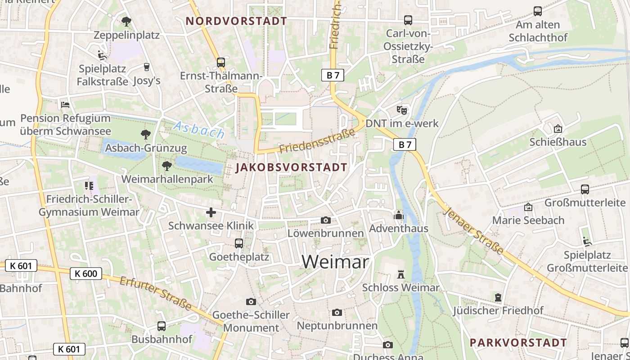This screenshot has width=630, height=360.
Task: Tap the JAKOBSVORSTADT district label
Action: (292, 168)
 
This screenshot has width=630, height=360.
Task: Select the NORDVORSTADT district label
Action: (236, 21)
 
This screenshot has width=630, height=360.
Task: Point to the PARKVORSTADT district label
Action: (518, 342)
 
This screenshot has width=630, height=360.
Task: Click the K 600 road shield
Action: (86, 274)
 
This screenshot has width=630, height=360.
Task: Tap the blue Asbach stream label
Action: (198, 130)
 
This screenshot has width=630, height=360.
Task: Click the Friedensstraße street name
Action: (320, 140)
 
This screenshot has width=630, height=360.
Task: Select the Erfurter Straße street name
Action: (156, 293)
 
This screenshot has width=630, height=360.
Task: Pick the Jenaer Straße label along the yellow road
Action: (473, 231)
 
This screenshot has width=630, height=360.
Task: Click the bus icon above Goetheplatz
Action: (239, 243)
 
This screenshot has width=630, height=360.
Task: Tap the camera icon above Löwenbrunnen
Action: (325, 220)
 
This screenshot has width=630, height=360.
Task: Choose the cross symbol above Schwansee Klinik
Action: (211, 212)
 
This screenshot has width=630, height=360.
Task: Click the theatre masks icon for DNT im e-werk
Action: (401, 110)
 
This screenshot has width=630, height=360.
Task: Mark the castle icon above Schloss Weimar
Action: (400, 274)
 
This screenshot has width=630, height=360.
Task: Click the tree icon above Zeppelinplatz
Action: (126, 21)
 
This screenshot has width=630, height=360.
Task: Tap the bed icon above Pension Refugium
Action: (65, 105)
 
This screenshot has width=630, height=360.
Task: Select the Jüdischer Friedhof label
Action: (498, 310)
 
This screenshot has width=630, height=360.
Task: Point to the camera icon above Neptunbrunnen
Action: (337, 312)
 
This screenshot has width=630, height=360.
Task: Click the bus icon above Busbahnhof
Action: (162, 326)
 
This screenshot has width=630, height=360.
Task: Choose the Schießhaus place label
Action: (558, 142)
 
